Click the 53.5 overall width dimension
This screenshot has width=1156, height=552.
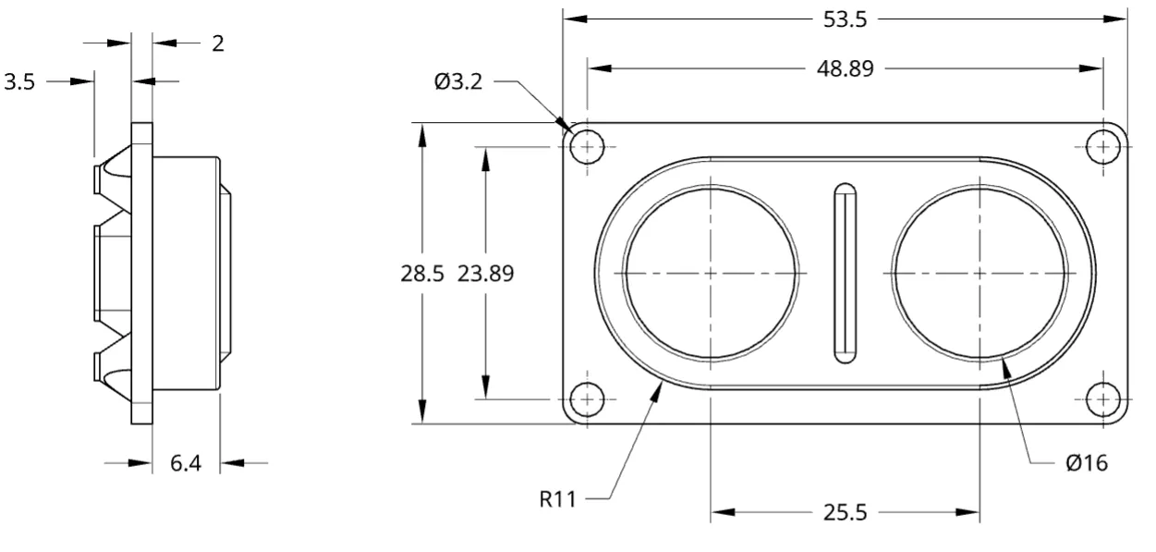(x=845, y=20)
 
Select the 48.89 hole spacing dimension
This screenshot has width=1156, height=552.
(x=845, y=69)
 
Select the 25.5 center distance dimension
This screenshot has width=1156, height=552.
(x=845, y=513)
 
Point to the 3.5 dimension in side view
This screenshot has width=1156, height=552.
(x=19, y=81)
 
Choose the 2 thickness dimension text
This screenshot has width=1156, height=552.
(x=217, y=43)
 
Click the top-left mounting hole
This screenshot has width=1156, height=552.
(x=587, y=145)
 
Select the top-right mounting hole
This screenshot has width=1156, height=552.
(x=1102, y=145)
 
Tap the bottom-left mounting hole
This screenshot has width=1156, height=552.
(x=587, y=399)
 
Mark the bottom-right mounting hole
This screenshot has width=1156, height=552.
(x=1102, y=399)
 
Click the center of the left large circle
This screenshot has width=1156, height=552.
(x=710, y=274)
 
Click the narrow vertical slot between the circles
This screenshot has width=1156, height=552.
(x=844, y=273)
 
